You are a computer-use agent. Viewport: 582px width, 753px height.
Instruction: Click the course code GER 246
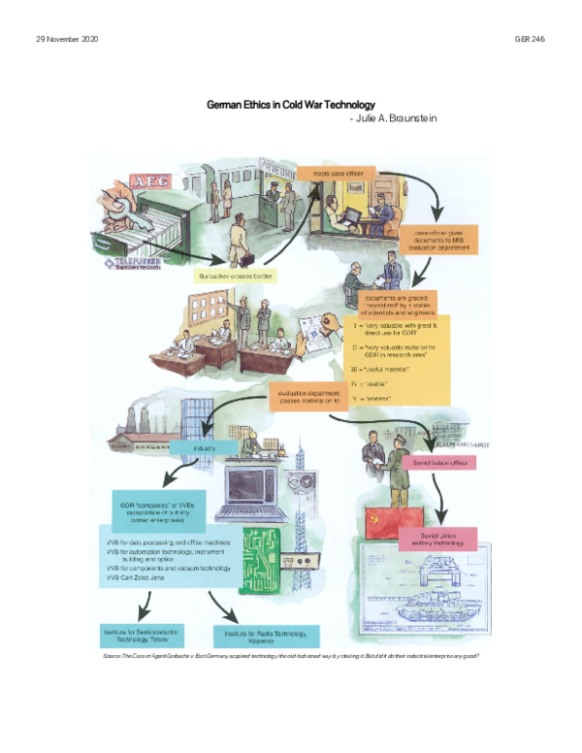pos(530,39)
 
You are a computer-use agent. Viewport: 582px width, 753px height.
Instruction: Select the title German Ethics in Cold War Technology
pos(290,104)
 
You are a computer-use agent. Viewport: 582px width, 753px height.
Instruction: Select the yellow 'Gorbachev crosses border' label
pos(234,277)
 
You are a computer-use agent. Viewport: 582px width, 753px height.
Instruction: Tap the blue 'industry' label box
pos(201,449)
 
